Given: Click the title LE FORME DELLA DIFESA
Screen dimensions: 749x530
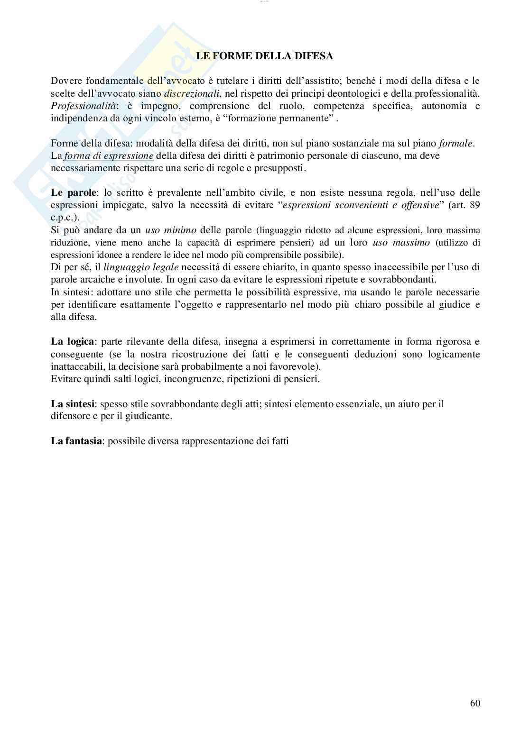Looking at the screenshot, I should (x=265, y=56).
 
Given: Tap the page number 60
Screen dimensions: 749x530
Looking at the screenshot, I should (x=475, y=703).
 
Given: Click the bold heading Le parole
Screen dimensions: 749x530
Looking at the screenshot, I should (x=73, y=192).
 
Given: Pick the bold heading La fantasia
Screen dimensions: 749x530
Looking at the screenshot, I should (x=76, y=441).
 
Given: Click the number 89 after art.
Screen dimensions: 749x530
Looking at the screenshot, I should (x=474, y=205).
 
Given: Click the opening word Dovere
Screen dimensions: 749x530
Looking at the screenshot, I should (x=65, y=81).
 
